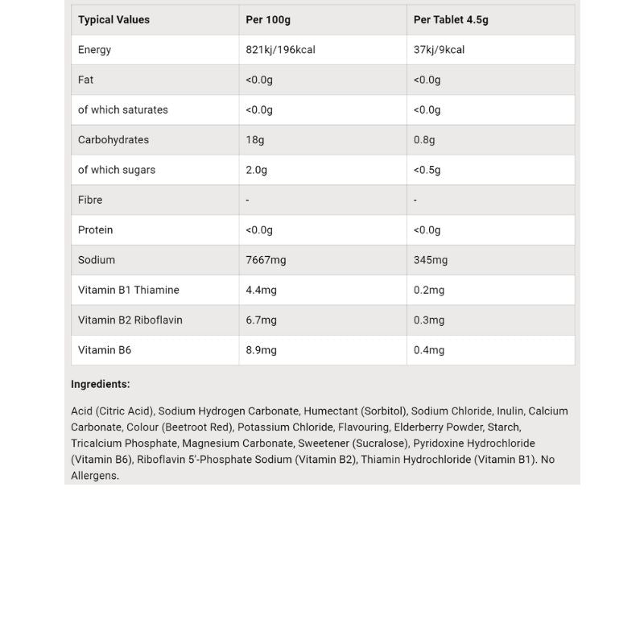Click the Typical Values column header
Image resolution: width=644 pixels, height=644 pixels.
(x=114, y=19)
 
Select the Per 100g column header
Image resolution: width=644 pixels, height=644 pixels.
(x=268, y=19)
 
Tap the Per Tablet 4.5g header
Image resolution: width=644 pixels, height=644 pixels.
(x=451, y=19)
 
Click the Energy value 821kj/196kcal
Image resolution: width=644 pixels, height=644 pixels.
(x=280, y=50)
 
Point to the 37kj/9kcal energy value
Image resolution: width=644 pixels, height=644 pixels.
(x=439, y=50)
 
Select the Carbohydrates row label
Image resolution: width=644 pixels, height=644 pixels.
(x=114, y=140)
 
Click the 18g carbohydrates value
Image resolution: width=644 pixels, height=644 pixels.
(x=254, y=140)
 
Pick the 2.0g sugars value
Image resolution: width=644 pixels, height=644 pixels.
(x=256, y=170)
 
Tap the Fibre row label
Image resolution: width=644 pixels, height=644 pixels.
(x=90, y=200)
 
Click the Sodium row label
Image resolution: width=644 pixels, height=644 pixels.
(x=97, y=260)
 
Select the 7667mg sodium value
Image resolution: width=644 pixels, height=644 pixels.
(x=266, y=260)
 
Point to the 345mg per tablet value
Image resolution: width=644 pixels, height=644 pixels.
(x=431, y=260)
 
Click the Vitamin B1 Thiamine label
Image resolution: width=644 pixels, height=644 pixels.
(x=129, y=290)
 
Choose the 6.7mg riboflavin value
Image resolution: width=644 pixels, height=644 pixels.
(x=261, y=320)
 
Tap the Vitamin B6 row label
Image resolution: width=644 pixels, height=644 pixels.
(x=105, y=350)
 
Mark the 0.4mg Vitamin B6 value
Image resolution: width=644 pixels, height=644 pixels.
(x=429, y=350)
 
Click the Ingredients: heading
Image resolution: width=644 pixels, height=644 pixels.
(x=101, y=385)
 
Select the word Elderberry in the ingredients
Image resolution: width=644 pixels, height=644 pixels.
(x=419, y=427)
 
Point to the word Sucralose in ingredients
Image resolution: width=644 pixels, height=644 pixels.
(x=382, y=444)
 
